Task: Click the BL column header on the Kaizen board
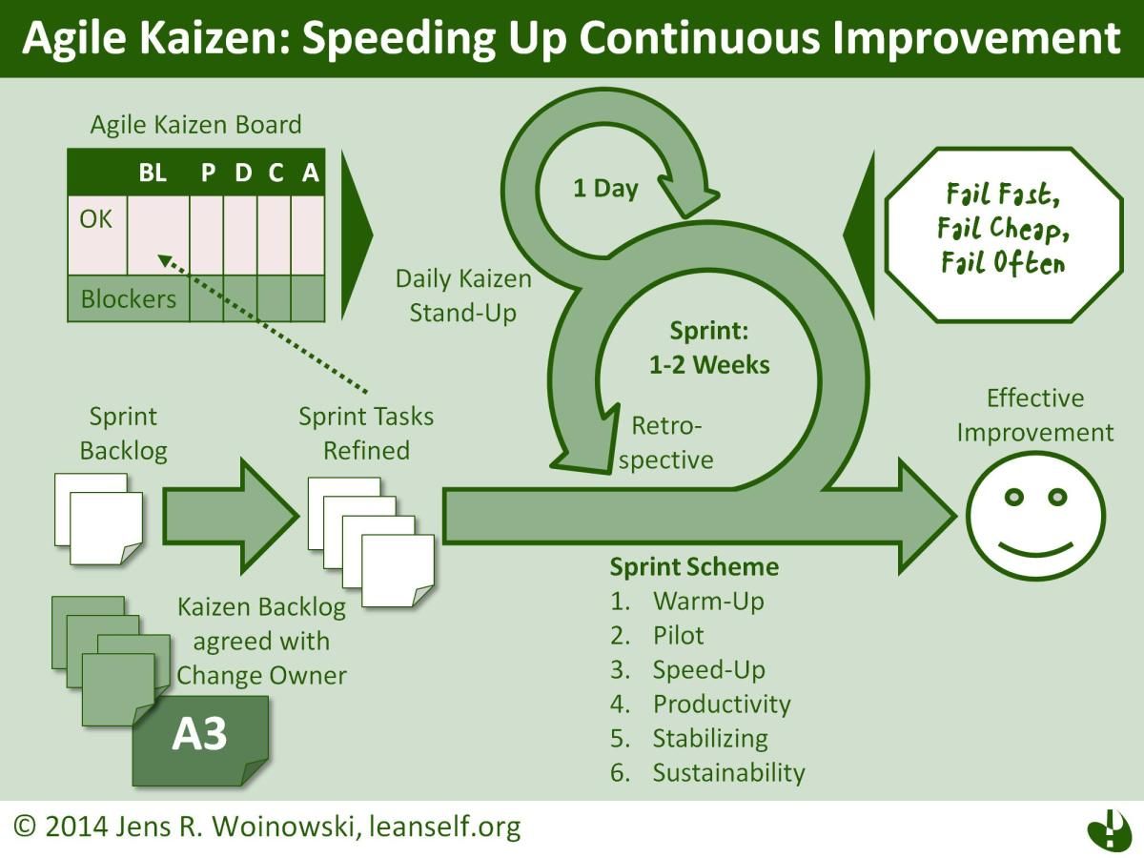152,173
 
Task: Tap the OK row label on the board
95,219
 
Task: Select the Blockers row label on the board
128,298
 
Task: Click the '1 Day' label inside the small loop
605,188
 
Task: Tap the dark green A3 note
200,738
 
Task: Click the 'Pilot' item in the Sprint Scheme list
678,635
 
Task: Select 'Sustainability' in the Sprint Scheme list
728,772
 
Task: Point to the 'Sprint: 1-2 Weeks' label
709,348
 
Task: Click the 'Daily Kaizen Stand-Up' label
463,296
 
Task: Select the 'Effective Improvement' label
1034,415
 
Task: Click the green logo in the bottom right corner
1107,827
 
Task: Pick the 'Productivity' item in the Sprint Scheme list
721,704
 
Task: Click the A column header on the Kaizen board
310,173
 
